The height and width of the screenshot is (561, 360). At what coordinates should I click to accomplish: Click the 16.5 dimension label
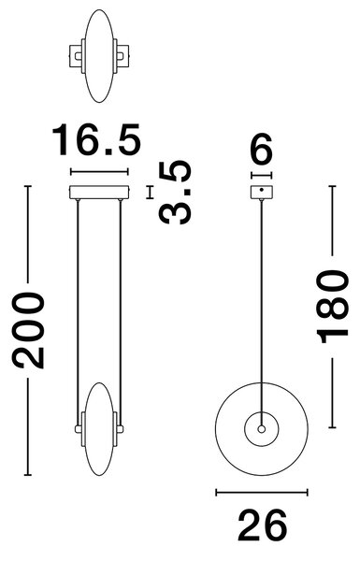(96, 139)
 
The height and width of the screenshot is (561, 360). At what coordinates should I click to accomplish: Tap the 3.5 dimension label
(176, 193)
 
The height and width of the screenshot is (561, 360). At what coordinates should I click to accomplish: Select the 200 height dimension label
(28, 330)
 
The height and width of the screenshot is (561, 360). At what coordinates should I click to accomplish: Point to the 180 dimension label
(332, 307)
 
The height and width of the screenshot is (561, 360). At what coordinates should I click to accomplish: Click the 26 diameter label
(262, 525)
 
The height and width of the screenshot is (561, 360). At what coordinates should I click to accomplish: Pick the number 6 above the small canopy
(262, 149)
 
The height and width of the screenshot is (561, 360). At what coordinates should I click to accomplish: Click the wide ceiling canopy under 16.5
(99, 192)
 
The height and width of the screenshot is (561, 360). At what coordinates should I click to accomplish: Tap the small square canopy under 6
(262, 192)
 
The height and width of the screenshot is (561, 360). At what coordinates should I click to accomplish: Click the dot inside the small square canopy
(262, 190)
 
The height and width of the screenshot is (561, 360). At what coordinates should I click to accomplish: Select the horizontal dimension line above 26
(262, 493)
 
